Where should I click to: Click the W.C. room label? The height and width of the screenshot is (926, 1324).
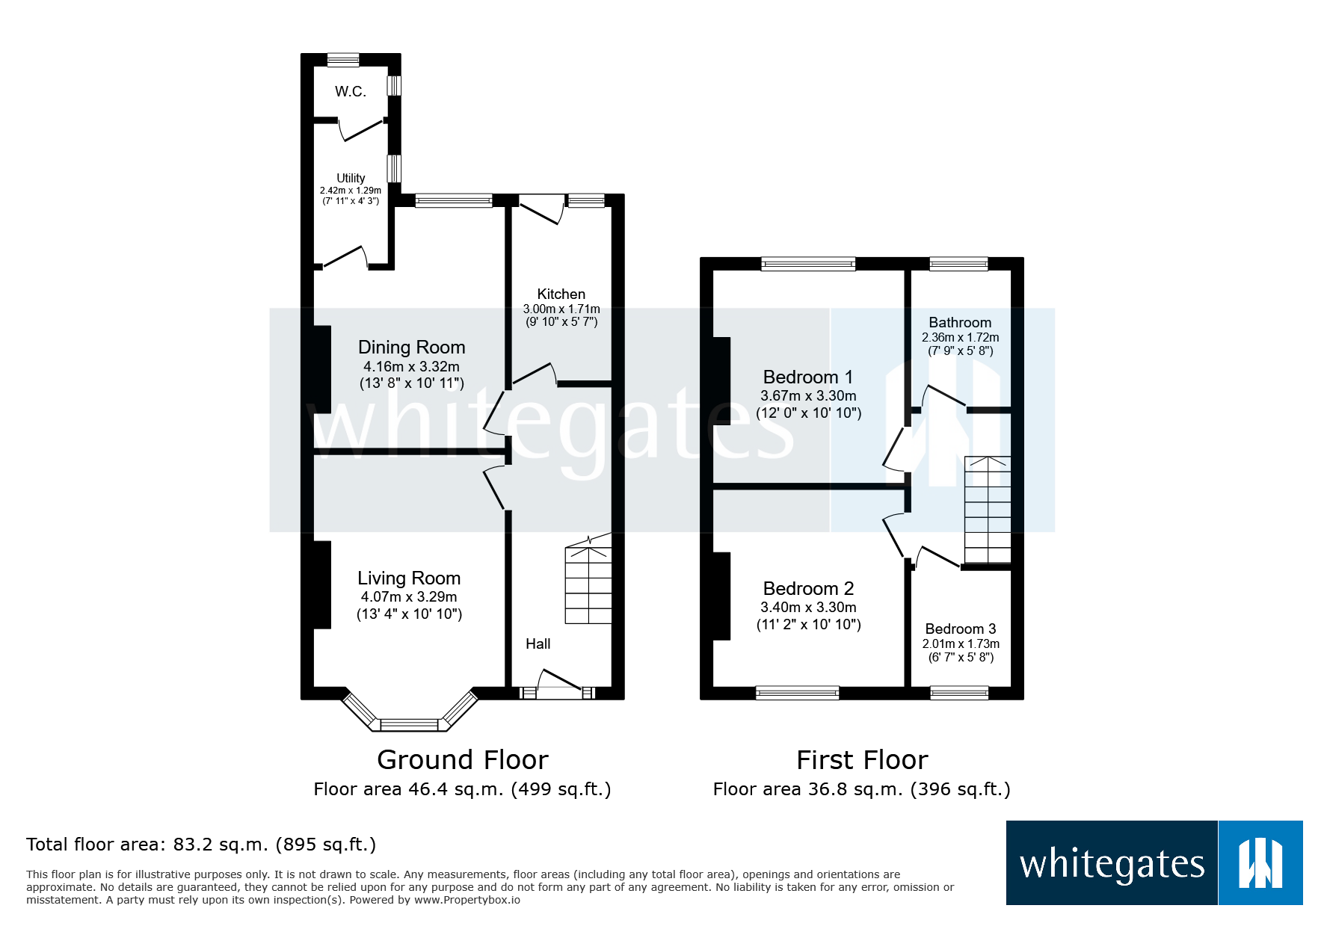click(350, 92)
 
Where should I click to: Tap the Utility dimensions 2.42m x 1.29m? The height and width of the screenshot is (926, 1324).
click(350, 191)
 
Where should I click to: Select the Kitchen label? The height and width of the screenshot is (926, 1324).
click(561, 294)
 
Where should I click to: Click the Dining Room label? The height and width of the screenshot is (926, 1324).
click(411, 348)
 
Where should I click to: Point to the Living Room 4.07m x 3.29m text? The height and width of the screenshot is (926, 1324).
click(408, 597)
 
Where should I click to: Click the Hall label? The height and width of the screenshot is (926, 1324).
click(538, 644)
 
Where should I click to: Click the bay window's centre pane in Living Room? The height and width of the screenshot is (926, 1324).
click(409, 724)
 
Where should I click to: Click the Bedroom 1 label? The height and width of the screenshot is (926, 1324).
click(807, 377)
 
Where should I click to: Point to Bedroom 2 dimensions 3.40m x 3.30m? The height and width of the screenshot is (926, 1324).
click(808, 608)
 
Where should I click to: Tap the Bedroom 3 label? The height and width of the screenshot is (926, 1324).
click(960, 629)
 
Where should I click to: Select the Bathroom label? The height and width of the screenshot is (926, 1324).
click(960, 323)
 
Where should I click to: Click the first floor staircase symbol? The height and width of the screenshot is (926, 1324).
click(988, 509)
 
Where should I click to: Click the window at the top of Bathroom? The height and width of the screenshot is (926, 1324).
click(958, 263)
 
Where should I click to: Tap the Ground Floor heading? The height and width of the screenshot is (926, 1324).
click(462, 760)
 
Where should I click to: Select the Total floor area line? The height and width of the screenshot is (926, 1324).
click(200, 845)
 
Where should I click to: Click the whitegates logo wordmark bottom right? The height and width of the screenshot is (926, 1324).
click(1112, 864)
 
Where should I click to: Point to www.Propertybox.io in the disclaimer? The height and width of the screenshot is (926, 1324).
click(467, 900)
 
